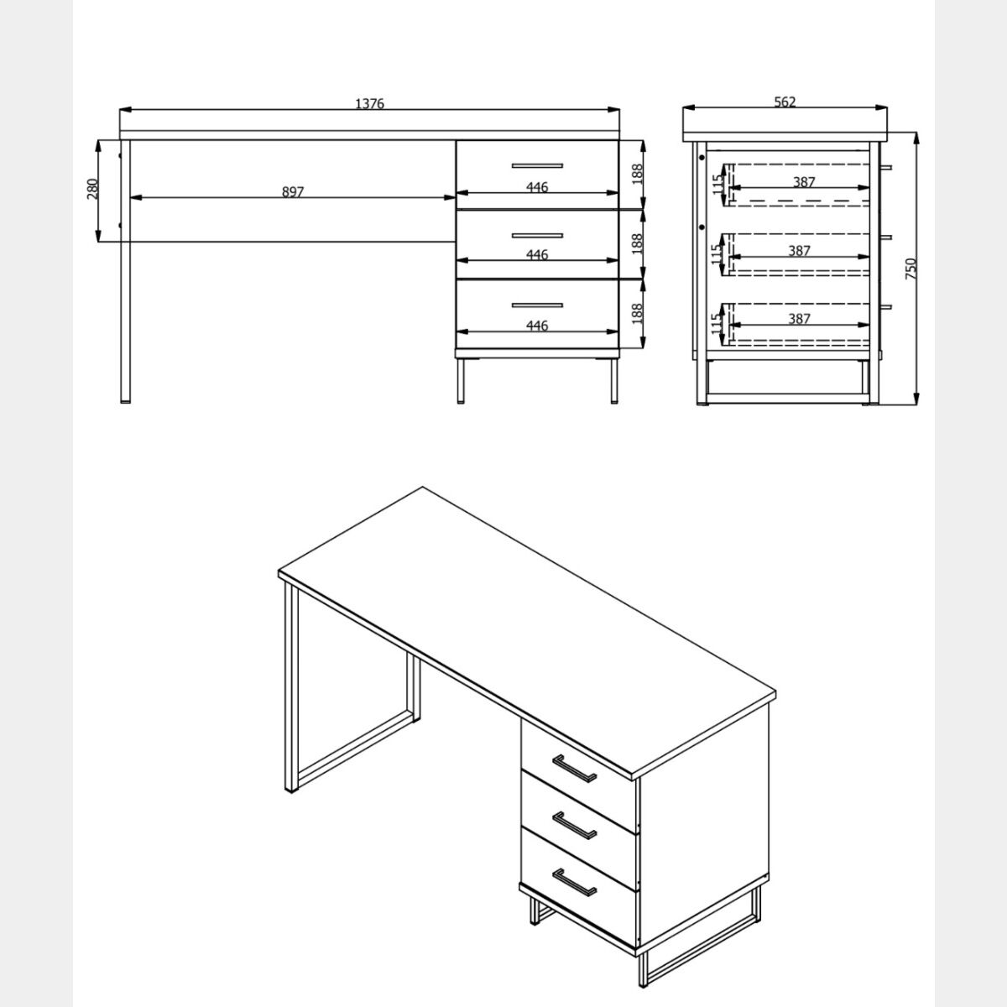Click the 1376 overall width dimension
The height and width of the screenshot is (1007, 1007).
pos(369,103)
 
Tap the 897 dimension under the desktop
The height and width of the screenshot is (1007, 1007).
pos(293,192)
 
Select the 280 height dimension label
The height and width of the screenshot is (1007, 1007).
pos(92,189)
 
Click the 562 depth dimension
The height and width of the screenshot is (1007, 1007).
pos(785,102)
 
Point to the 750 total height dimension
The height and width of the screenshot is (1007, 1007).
pos(910,268)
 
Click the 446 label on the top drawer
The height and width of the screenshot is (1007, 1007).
pos(537,186)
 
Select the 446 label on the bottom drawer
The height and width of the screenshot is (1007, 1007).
pos(537,326)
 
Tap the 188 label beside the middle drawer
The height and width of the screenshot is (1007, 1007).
pos(637,243)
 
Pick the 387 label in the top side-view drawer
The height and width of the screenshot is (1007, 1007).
pos(804,182)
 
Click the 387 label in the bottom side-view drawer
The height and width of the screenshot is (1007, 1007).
pos(799,318)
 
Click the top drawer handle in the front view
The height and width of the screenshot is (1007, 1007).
pos(537,165)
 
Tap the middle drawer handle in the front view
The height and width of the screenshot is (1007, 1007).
pos(537,236)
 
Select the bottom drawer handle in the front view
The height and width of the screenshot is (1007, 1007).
pos(537,305)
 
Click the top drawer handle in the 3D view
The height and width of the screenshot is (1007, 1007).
pos(574,769)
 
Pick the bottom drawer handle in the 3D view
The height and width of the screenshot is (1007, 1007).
pos(574,882)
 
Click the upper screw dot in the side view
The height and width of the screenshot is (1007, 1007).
pos(702,157)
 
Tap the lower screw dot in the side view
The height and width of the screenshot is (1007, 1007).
pos(702,227)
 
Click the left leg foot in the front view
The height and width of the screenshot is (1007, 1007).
pos(125,401)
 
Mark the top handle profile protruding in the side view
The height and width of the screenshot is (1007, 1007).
pos(886,168)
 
